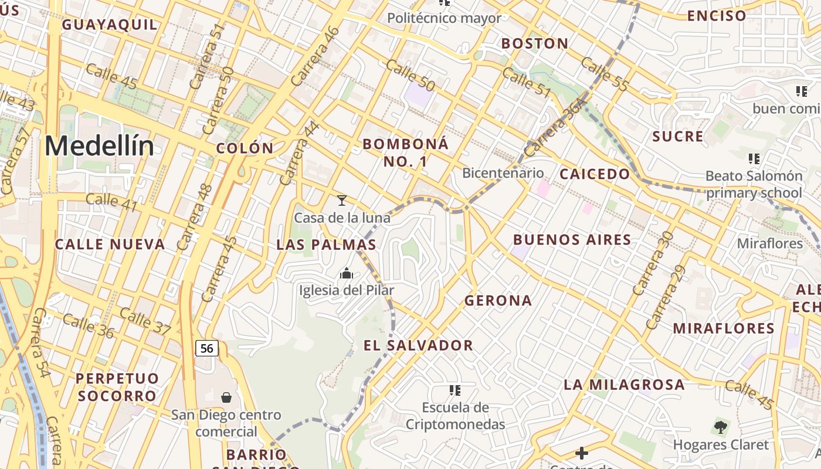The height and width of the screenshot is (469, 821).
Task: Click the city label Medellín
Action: [99, 146]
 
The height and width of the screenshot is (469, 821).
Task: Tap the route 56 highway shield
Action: [206, 349]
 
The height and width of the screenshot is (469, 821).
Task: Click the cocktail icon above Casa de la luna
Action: [342, 200]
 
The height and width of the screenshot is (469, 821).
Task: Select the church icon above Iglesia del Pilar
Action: [346, 273]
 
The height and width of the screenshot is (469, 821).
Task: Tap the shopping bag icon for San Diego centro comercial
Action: [226, 397]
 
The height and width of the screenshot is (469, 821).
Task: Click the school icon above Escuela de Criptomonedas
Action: [454, 390]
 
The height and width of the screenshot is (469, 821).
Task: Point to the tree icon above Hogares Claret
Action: [720, 427]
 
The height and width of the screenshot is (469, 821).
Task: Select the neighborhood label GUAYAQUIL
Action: [110, 25]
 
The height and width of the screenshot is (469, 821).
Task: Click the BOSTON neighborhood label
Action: [535, 43]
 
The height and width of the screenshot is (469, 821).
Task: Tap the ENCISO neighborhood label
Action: [717, 16]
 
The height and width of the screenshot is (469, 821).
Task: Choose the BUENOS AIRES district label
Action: [572, 239]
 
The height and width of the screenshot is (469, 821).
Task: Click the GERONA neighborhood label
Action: [498, 301]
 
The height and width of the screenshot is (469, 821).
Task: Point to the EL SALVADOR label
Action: [418, 345]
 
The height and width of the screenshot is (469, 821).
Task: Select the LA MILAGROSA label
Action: [624, 385]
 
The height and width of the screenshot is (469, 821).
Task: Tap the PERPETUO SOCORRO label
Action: [117, 387]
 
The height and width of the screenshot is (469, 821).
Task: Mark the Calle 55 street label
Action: [605, 74]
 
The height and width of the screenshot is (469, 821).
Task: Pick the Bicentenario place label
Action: [503, 173]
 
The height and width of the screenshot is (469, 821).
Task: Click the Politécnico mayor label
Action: [445, 18]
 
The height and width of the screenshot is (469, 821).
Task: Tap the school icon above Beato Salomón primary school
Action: [754, 158]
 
